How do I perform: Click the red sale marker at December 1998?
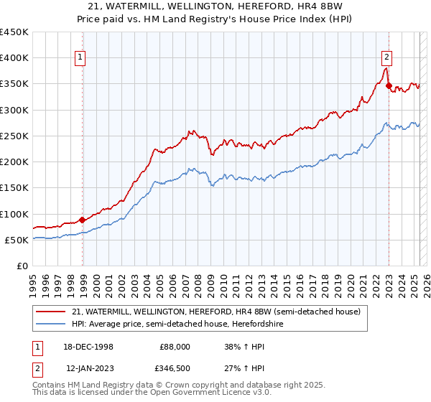point(83,220)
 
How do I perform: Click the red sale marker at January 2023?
point(389,86)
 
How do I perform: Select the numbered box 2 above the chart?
point(386,58)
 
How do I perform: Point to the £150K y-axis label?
point(14,188)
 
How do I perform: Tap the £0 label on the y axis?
point(23,266)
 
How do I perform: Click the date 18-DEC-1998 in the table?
point(88,346)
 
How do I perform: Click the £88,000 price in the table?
point(175,346)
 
